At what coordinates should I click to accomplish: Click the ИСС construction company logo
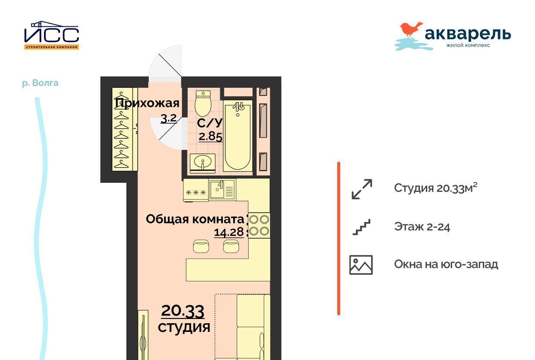point(51,35)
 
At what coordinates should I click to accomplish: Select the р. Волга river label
point(40,83)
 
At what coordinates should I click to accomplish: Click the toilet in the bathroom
point(203,103)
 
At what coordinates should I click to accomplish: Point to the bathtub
point(237,136)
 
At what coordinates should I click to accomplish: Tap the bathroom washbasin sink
point(203,163)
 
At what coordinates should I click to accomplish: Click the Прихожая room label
point(147,104)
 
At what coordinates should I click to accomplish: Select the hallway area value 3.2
point(169,118)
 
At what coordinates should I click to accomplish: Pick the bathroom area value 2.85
point(211,137)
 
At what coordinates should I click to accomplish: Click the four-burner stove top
point(259,226)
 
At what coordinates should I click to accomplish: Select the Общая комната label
point(195,219)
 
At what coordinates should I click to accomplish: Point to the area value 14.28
point(229,232)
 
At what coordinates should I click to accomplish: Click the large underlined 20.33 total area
point(183,311)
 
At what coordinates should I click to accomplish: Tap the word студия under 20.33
point(184,327)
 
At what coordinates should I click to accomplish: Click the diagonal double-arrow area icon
point(362,189)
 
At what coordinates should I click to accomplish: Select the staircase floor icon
point(361,227)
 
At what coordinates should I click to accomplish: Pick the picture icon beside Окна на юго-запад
point(361,265)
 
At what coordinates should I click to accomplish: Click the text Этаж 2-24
point(422,226)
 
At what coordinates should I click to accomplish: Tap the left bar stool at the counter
point(201,246)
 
